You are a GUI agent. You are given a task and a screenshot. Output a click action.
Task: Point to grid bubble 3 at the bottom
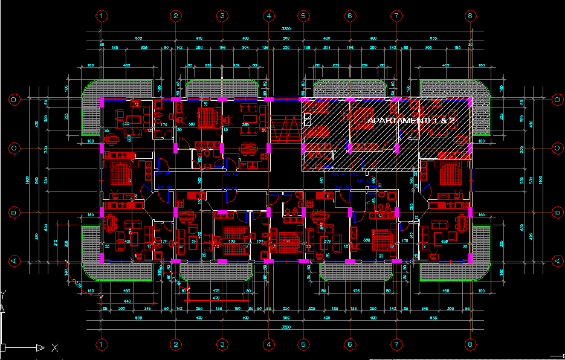[x=222, y=344]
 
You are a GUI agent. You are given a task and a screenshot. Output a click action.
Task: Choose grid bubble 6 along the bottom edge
[x=349, y=344]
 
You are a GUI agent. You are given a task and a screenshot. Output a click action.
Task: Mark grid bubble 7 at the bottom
[x=396, y=344]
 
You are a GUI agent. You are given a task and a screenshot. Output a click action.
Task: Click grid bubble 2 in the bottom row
[x=175, y=344]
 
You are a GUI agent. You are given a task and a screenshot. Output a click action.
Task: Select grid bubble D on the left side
[x=13, y=98]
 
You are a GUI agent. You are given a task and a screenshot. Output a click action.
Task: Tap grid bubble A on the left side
[x=13, y=260]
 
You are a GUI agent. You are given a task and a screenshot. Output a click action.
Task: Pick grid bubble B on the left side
[x=13, y=212]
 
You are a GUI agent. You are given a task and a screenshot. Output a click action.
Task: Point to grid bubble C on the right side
[x=556, y=148]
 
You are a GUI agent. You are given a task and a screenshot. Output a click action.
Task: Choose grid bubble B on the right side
[x=556, y=212]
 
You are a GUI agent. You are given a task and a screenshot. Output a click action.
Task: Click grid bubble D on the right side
[x=556, y=98]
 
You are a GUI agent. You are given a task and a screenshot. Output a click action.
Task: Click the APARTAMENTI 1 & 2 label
[x=411, y=121]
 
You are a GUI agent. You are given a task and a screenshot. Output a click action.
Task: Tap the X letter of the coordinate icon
[x=54, y=348]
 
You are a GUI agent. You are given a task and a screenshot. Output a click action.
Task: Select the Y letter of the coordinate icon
[x=4, y=294]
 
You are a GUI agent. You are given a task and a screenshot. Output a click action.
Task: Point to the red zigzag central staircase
[x=285, y=130]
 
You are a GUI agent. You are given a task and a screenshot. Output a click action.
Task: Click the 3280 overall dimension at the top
[x=286, y=30]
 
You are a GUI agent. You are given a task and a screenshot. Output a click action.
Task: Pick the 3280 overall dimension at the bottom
[x=286, y=327]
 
